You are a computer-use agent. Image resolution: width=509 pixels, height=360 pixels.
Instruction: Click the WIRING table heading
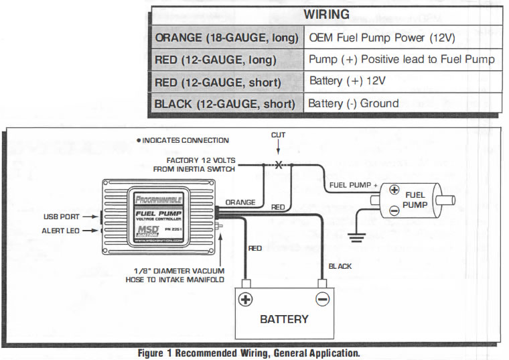point(326,14)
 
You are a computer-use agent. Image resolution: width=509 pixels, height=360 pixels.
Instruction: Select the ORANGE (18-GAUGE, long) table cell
point(226,38)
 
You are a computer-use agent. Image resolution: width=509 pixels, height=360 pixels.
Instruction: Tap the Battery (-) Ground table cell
point(354,103)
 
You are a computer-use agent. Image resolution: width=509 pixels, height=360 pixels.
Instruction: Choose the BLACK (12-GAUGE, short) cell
point(224,104)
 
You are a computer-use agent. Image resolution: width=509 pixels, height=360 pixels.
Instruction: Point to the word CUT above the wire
point(278,135)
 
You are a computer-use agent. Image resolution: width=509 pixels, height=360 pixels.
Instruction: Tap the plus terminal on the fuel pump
point(394,190)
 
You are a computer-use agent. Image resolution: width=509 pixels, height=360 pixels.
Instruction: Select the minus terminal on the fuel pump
point(394,210)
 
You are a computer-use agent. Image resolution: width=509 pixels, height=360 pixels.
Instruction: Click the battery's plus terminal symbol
point(246,300)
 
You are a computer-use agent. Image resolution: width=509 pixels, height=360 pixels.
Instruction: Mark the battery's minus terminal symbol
point(323,300)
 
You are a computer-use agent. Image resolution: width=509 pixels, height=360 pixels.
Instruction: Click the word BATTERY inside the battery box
point(284,319)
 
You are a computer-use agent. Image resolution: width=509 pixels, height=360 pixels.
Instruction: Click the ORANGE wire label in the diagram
point(240,201)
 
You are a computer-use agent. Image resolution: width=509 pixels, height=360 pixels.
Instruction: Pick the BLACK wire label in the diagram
point(340,266)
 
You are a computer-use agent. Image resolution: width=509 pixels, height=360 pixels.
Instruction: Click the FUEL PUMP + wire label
point(354,185)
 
